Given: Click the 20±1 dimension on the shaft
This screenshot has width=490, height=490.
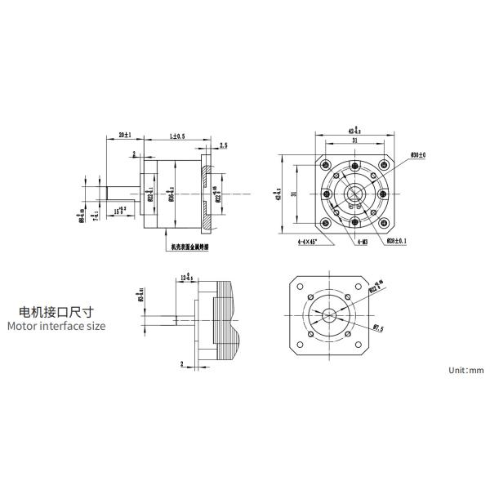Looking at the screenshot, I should [125, 133].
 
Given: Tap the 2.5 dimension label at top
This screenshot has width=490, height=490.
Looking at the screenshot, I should [224, 145].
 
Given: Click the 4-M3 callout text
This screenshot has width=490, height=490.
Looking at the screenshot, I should [359, 243].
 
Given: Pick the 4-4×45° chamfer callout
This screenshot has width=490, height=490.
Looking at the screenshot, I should [312, 243].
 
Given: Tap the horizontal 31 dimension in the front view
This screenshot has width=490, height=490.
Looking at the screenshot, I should [354, 140].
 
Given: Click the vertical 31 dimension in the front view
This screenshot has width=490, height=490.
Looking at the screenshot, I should [292, 193].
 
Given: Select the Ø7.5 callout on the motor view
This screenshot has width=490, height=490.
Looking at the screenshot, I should [378, 327].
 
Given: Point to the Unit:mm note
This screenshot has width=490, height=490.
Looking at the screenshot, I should [466, 370].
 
